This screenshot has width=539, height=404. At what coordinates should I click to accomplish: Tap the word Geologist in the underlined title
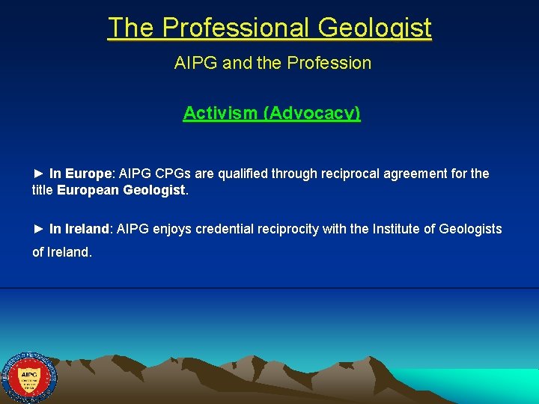tap(374, 28)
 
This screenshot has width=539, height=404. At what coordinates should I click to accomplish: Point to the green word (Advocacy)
tap(314, 113)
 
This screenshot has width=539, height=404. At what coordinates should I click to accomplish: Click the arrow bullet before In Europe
tap(39, 174)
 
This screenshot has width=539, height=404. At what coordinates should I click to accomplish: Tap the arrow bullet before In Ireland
tap(39, 229)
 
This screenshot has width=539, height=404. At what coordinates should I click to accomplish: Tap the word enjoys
tap(172, 229)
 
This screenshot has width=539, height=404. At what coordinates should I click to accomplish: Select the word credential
tap(222, 229)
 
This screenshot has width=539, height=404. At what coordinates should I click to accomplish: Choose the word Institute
tap(397, 229)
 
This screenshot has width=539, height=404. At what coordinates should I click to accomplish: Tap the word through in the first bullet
tap(295, 174)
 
